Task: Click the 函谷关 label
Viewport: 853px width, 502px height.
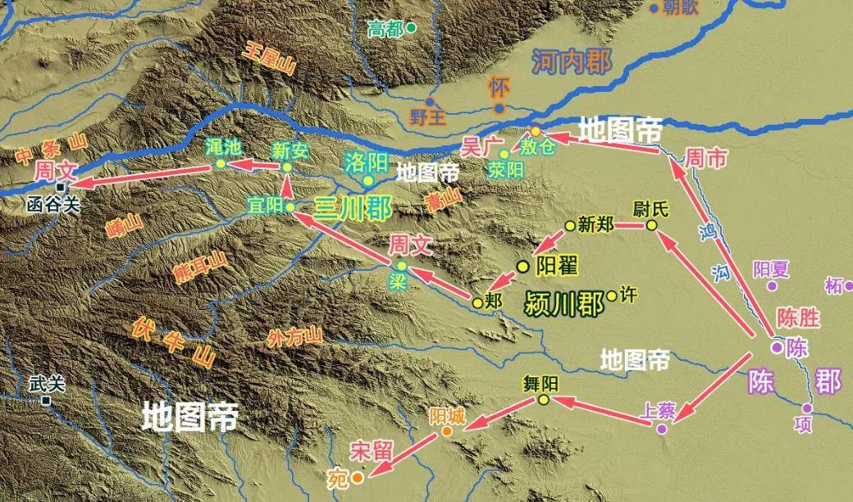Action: coord(54,204)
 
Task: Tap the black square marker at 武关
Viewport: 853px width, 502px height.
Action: coord(48,401)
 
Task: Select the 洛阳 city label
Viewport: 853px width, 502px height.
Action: coord(366,160)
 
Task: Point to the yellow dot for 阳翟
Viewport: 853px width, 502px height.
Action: coord(522,266)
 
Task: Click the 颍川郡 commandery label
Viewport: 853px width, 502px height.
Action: coord(563,303)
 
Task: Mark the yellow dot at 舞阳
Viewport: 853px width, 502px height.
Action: coord(543,399)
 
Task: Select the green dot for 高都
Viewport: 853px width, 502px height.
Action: coord(412,28)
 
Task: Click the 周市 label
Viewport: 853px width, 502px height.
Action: coord(706,159)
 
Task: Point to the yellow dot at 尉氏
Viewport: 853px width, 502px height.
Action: coord(651,225)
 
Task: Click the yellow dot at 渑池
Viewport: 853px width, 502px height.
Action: coord(221,164)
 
